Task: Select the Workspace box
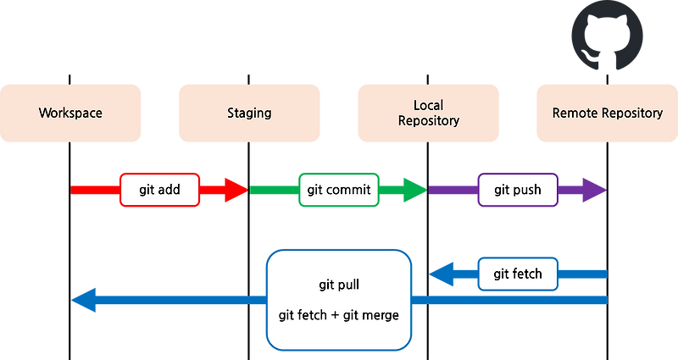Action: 71,113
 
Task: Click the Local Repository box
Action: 429,113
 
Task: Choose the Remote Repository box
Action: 607,113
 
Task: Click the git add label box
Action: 159,190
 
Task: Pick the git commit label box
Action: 338,190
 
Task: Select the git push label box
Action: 517,190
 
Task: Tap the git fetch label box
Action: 517,274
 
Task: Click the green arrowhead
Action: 414,190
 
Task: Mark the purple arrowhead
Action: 593,190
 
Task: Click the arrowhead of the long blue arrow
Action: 83,300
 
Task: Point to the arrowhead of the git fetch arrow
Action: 441,274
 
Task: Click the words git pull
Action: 338,285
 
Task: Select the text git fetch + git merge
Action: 338,315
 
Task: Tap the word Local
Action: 429,105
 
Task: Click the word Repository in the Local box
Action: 429,120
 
